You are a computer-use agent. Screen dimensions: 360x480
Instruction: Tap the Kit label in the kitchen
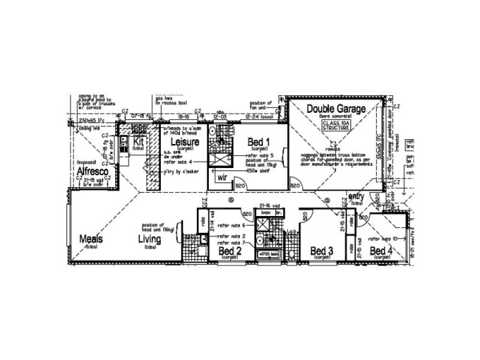pyautogui.click(x=139, y=142)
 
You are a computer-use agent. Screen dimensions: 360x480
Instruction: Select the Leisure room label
pyautogui.click(x=184, y=142)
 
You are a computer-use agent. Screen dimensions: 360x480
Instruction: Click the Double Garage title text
pyautogui.click(x=336, y=109)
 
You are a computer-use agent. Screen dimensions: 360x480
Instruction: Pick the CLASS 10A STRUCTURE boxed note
pyautogui.click(x=335, y=125)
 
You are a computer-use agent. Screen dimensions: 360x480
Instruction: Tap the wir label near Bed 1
pyautogui.click(x=221, y=178)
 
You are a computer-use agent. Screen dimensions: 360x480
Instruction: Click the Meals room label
pyautogui.click(x=92, y=239)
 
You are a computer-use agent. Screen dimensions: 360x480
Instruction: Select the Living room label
pyautogui.click(x=150, y=239)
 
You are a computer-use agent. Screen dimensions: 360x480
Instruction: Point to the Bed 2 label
pyautogui.click(x=230, y=250)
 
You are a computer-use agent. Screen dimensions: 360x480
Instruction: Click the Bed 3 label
pyautogui.click(x=322, y=250)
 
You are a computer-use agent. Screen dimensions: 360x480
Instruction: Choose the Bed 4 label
pyautogui.click(x=381, y=250)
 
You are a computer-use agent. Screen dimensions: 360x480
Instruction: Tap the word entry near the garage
pyautogui.click(x=356, y=196)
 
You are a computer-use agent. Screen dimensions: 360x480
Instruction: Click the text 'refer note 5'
pyautogui.click(x=259, y=155)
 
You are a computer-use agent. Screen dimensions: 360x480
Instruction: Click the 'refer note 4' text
pyautogui.click(x=178, y=162)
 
